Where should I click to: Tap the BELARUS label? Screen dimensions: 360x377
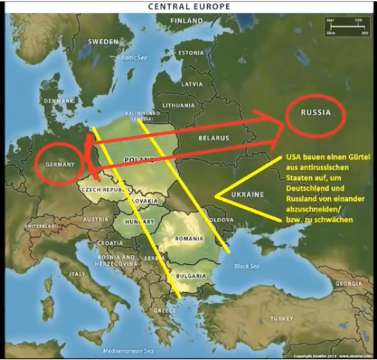213,137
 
